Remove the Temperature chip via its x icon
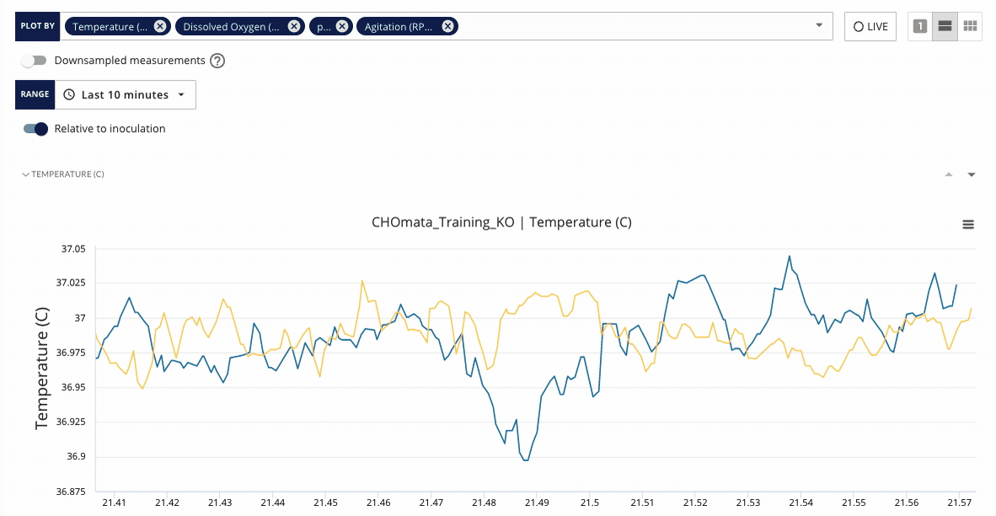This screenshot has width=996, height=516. (160, 26)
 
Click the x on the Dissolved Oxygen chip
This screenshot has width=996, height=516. (293, 26)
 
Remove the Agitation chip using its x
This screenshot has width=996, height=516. (448, 26)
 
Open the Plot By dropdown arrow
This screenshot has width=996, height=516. (819, 26)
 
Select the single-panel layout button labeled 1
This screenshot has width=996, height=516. (920, 26)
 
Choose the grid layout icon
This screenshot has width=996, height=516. (971, 26)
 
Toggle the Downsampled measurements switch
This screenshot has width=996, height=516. (34, 61)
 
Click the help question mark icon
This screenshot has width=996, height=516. (217, 61)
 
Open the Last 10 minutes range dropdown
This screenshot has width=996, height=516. (125, 95)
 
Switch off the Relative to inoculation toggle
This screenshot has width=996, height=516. (35, 129)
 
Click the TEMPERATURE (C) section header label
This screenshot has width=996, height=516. (67, 174)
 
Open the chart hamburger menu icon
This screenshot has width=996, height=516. (968, 225)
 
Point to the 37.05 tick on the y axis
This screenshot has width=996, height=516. (73, 249)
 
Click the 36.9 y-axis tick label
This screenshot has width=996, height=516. (76, 456)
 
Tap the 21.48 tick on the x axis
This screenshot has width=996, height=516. (484, 503)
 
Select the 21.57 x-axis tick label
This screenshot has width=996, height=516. (959, 503)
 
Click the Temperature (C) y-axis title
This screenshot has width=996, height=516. (42, 369)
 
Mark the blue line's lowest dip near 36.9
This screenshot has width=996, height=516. (526, 460)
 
